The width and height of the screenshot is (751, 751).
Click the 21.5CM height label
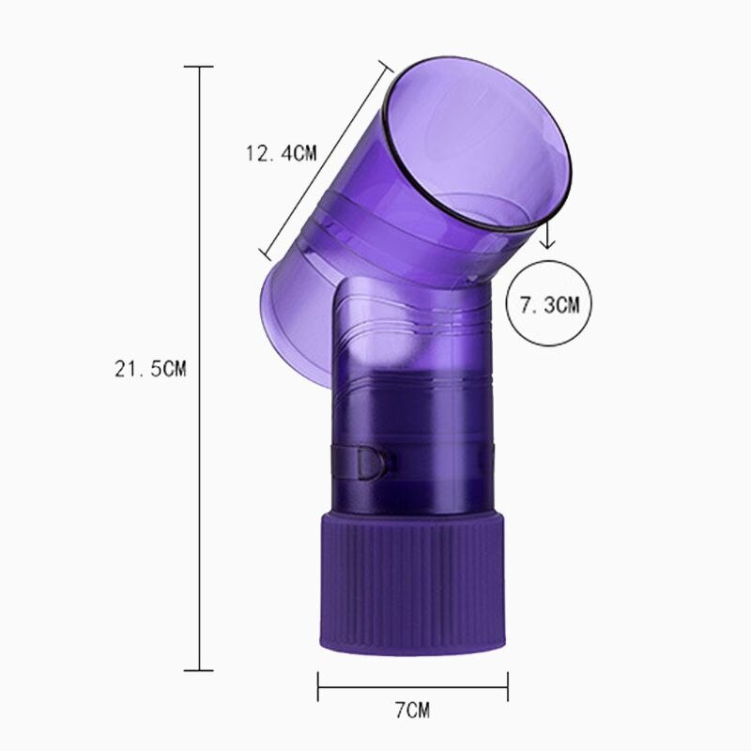click(151, 370)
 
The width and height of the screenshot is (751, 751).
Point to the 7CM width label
click(413, 710)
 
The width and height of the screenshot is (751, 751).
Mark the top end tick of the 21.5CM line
click(199, 68)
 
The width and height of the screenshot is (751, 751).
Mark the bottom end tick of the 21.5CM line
click(199, 670)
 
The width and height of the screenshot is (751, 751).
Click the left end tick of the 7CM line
click(318, 684)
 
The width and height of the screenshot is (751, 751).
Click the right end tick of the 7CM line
click(508, 684)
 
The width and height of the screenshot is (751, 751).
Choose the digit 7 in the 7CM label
click(399, 710)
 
